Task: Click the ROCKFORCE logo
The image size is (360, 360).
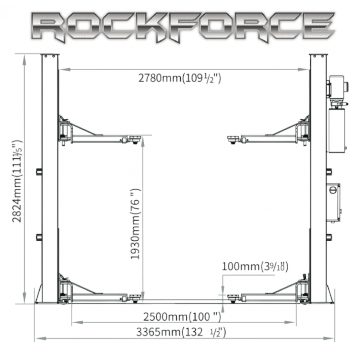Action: click(x=183, y=27)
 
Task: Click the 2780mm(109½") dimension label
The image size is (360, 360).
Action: click(x=180, y=78)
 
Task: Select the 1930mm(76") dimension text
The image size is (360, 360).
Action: click(x=135, y=224)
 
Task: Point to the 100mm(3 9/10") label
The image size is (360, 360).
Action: click(x=255, y=267)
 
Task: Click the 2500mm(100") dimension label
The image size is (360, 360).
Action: click(x=182, y=317)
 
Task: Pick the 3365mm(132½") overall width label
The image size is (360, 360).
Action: click(x=181, y=332)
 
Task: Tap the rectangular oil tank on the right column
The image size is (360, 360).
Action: click(x=337, y=130)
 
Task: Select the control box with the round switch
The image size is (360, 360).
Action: click(x=334, y=202)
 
